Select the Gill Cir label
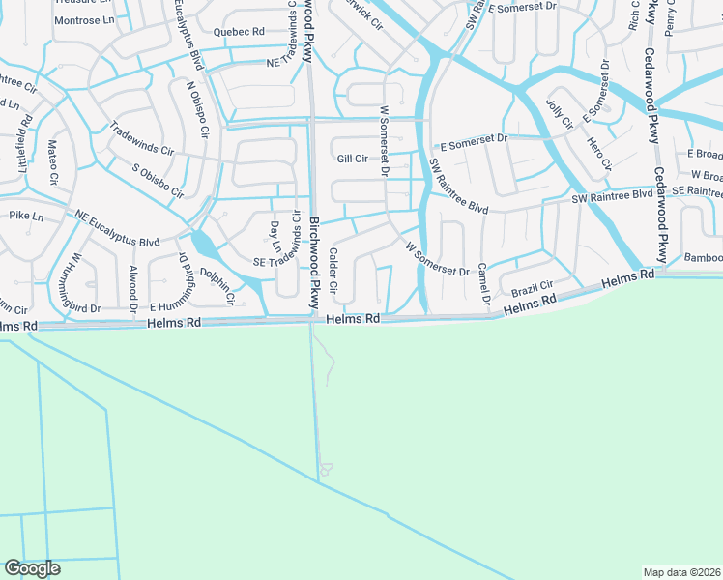coord(352,159)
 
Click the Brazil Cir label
coord(532,288)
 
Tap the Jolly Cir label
coord(559,115)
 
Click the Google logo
coord(32,568)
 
